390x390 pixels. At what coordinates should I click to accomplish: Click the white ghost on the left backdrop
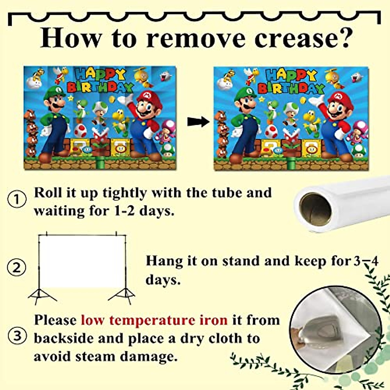tap(166, 77)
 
